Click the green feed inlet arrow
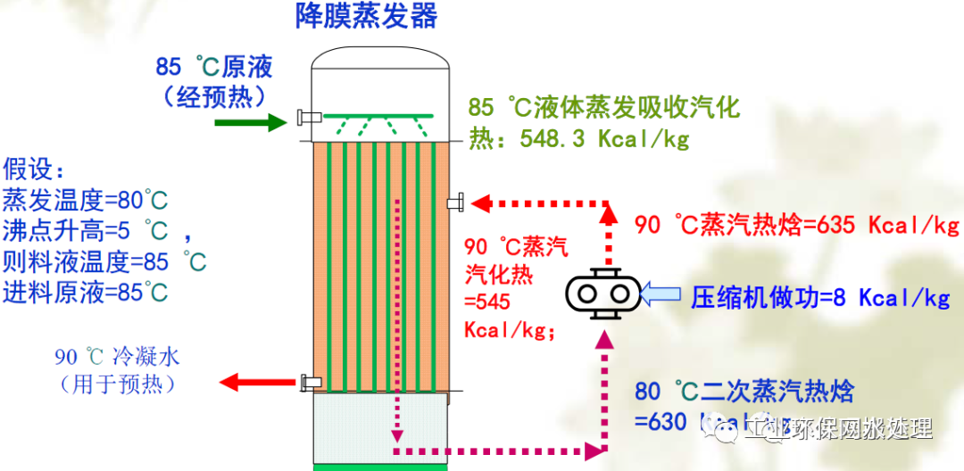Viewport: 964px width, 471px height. pyautogui.click(x=249, y=122)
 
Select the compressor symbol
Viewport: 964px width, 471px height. pyautogui.click(x=603, y=293)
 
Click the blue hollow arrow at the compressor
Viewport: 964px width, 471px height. pyautogui.click(x=661, y=293)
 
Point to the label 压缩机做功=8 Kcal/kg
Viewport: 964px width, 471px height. pyautogui.click(x=820, y=297)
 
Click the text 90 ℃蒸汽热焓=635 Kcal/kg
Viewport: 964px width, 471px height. pyautogui.click(x=797, y=224)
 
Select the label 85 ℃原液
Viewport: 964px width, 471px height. pyautogui.click(x=214, y=66)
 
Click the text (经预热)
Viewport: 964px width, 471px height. pyautogui.click(x=214, y=95)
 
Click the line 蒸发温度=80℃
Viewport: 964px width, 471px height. pyautogui.click(x=86, y=199)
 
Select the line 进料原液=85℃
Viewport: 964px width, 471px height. pyautogui.click(x=86, y=292)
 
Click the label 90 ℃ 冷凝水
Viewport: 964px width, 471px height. pyautogui.click(x=117, y=358)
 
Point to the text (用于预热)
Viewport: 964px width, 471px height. pyautogui.click(x=117, y=384)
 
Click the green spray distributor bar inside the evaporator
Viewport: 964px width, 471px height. pyautogui.click(x=378, y=116)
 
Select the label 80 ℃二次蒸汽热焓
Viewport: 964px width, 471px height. pyautogui.click(x=744, y=391)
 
